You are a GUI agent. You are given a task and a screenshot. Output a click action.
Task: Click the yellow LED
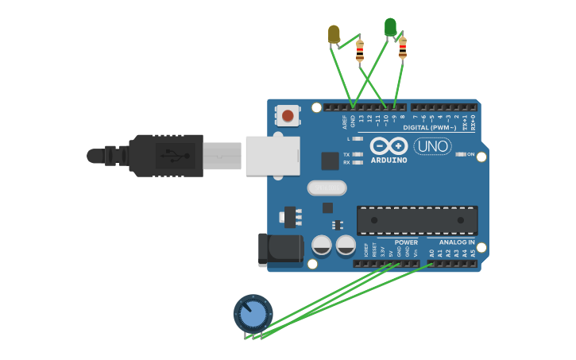click(x=334, y=33)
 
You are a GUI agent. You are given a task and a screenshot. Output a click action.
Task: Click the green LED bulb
click(x=390, y=26)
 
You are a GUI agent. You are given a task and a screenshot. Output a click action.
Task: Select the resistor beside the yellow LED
click(x=359, y=50)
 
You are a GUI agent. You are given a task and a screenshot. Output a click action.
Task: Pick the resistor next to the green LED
click(x=402, y=48)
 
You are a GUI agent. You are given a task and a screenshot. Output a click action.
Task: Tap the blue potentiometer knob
click(x=253, y=313)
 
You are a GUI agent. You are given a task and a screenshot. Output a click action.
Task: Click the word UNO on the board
click(x=433, y=146)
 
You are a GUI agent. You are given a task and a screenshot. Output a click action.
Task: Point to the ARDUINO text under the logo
click(x=389, y=160)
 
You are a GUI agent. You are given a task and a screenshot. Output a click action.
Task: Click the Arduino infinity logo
click(x=389, y=145)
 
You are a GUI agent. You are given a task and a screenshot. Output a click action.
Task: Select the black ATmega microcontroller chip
click(x=417, y=220)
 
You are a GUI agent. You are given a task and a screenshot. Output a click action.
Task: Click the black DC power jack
click(x=280, y=249)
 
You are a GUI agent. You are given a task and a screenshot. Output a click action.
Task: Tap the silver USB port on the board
click(x=273, y=155)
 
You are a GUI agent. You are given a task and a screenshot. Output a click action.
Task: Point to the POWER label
click(x=406, y=242)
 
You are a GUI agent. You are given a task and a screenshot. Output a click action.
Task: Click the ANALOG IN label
click(x=457, y=242)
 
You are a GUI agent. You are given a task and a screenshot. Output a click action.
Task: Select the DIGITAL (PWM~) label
click(x=429, y=128)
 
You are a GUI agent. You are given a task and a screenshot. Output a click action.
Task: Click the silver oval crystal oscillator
click(x=327, y=188)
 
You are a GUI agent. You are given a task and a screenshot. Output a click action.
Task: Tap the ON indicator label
click(x=470, y=154)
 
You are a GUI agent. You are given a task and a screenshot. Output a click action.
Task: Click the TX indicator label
click(x=346, y=154)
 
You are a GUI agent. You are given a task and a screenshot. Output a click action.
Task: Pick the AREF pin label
click(x=345, y=122)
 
